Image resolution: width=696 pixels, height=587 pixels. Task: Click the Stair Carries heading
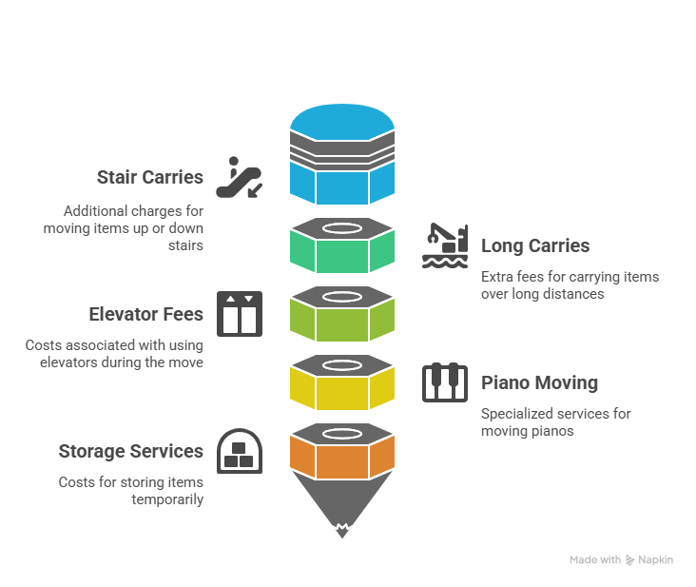[x=150, y=177]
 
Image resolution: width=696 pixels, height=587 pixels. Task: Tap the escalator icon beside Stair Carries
[x=240, y=177]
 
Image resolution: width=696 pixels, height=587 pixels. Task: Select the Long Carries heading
[x=535, y=245]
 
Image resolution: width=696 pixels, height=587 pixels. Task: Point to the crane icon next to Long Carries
[x=445, y=245]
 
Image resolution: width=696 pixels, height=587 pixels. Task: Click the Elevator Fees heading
[x=146, y=314]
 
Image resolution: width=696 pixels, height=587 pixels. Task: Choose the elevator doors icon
[x=240, y=314]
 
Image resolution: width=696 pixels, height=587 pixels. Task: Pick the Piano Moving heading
[x=539, y=382]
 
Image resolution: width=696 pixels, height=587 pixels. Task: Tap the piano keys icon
[x=445, y=382]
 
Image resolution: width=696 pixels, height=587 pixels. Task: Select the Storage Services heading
[x=131, y=451]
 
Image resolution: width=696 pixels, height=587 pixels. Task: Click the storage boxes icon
[x=240, y=451]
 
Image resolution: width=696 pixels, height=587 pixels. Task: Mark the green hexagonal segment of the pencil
[x=342, y=245]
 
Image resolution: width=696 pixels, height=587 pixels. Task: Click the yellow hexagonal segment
[x=342, y=382]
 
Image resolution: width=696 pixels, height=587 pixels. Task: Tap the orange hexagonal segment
[x=342, y=451]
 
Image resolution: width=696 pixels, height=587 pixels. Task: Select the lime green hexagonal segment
[x=342, y=314]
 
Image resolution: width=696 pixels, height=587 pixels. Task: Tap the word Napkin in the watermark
[x=656, y=560]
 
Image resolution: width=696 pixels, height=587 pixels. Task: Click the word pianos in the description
[x=554, y=431]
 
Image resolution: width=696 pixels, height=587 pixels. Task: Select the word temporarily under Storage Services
[x=167, y=499]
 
